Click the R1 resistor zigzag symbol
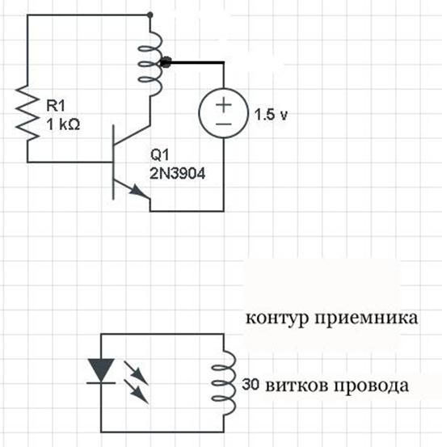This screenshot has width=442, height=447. (x=27, y=114)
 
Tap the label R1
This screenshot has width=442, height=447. (x=56, y=106)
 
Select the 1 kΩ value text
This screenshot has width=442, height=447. (x=63, y=124)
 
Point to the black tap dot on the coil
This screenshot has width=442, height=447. (x=166, y=62)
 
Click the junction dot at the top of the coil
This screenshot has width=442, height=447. (x=150, y=15)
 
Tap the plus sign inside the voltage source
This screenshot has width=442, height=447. (x=224, y=104)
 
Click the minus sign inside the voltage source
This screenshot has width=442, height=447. (x=224, y=124)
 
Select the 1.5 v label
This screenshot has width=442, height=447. (x=271, y=115)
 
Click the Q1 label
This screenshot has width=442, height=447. (x=159, y=155)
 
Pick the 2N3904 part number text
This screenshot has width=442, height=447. (x=177, y=173)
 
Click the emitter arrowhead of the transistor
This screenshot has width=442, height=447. (x=137, y=190)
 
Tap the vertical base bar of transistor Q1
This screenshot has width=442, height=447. (x=113, y=162)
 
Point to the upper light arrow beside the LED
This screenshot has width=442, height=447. (x=137, y=373)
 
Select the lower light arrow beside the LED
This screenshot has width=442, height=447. (x=137, y=391)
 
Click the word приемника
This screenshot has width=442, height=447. (x=366, y=317)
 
